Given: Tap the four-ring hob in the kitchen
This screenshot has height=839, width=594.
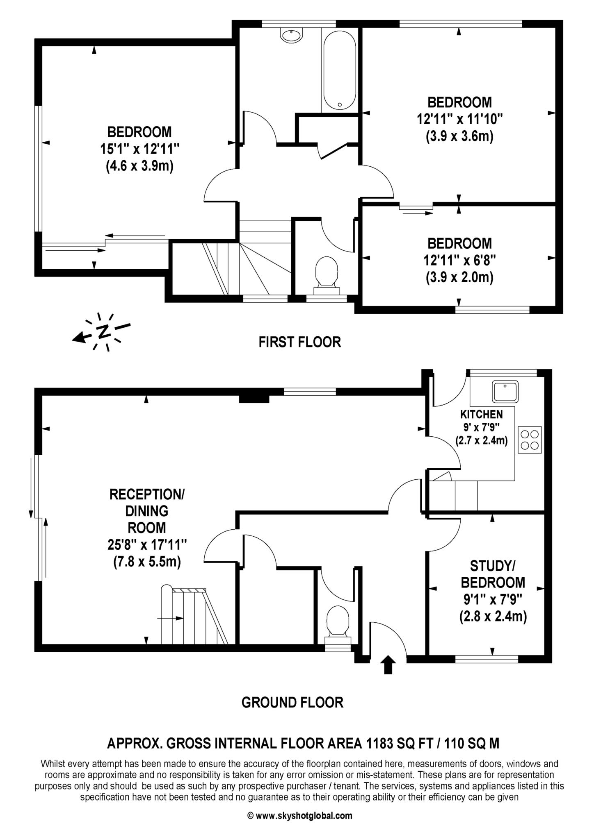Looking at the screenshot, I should pyautogui.click(x=530, y=440).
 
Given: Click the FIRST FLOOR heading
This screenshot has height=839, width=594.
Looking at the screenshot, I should pyautogui.click(x=299, y=342).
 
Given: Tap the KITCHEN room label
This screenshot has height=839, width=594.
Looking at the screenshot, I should pyautogui.click(x=481, y=414).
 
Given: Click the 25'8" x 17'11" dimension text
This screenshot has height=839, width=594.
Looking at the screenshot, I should pyautogui.click(x=147, y=544).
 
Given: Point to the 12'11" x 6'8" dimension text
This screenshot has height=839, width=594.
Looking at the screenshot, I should pyautogui.click(x=459, y=261).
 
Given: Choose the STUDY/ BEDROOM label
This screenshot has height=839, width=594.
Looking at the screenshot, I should pyautogui.click(x=492, y=574).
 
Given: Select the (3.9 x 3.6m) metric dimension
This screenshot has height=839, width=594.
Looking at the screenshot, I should pyautogui.click(x=459, y=136).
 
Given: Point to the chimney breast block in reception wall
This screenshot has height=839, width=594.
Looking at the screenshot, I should pyautogui.click(x=254, y=398).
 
